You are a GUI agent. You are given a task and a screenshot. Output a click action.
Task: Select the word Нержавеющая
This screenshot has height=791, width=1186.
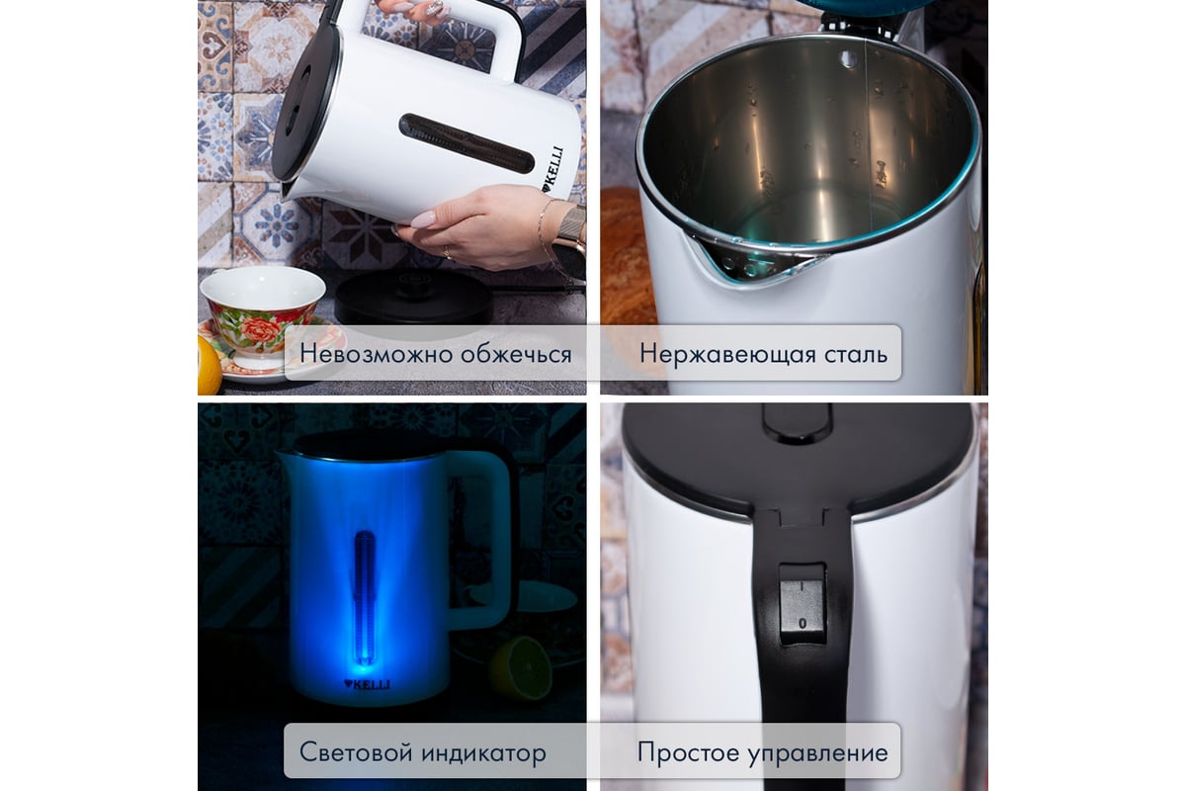(x=725, y=353)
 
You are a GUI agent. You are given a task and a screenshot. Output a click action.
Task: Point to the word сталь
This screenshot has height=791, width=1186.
(x=854, y=353)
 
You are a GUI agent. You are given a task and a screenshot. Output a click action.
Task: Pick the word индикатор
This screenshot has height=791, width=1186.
(x=485, y=752)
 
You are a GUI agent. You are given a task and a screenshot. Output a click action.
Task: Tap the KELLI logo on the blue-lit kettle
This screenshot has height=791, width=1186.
(x=366, y=683)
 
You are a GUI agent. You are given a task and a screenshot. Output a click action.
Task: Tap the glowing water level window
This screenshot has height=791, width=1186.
(x=365, y=593)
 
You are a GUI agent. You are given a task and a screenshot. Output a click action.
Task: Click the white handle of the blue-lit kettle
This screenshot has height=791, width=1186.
(x=491, y=534)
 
